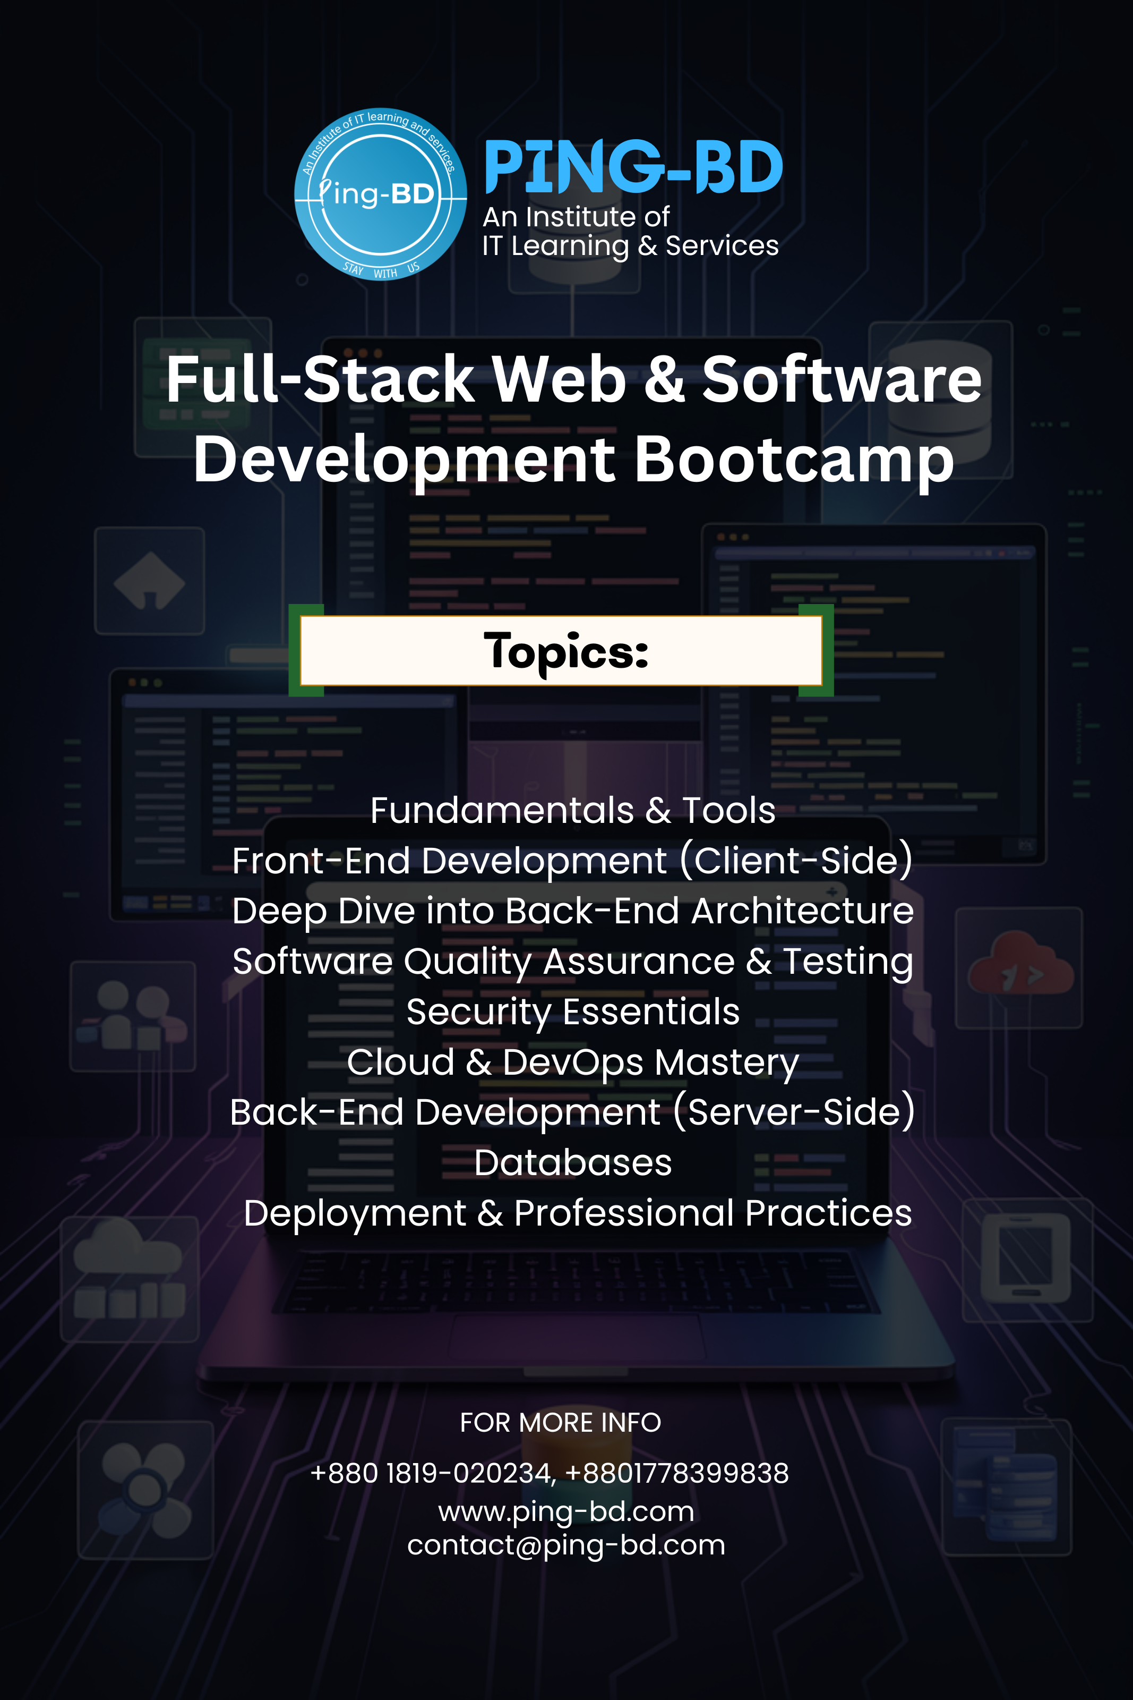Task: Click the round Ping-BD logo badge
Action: point(380,194)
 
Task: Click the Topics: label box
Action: point(561,650)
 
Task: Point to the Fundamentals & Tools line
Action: point(572,810)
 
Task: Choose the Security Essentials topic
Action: point(572,1011)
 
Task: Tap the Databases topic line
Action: point(572,1162)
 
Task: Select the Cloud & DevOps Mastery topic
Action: point(572,1062)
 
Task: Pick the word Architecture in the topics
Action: point(802,911)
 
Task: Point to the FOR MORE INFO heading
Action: point(560,1423)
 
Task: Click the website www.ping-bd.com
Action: point(566,1511)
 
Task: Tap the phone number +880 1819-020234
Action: point(432,1473)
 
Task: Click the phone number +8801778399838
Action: point(676,1473)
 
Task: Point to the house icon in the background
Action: point(150,581)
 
